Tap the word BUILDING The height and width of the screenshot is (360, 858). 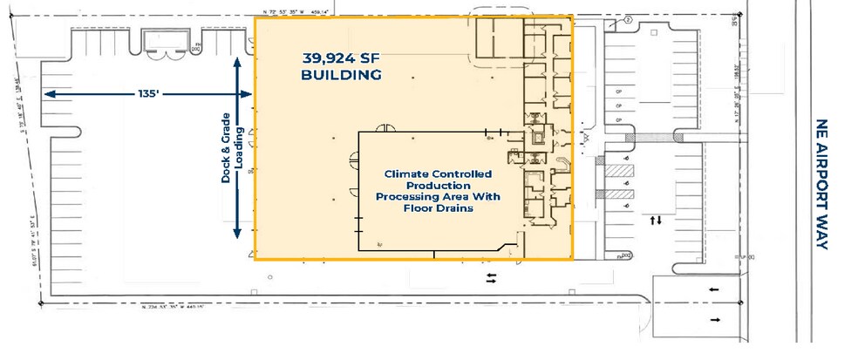coord(342,76)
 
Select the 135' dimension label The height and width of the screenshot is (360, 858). coord(151,92)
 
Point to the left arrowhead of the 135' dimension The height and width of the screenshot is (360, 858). coord(49,92)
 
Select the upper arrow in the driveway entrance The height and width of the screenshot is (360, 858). coord(714,290)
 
